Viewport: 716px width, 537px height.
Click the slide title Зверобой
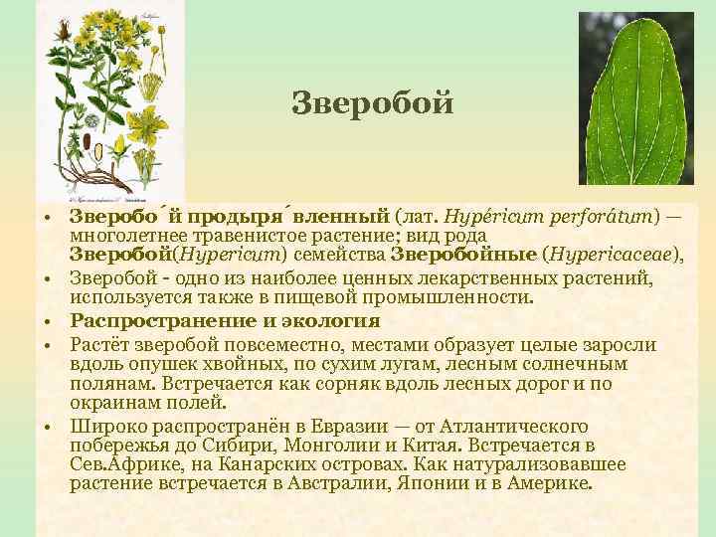[x=372, y=102]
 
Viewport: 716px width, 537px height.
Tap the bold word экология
[x=330, y=320]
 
